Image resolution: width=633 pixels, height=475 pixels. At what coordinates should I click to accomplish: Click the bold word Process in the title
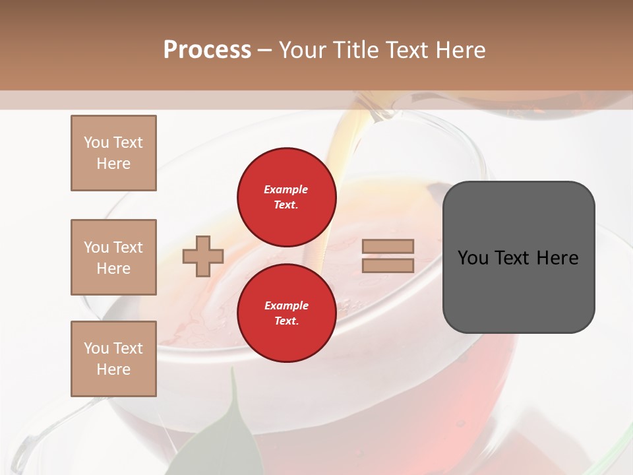pyautogui.click(x=207, y=50)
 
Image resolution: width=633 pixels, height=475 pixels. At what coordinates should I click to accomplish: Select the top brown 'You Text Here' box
pyautogui.click(x=113, y=153)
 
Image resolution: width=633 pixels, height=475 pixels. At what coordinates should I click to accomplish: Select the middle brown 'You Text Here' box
pyautogui.click(x=113, y=257)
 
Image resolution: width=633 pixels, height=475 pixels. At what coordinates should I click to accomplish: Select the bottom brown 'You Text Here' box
pyautogui.click(x=113, y=359)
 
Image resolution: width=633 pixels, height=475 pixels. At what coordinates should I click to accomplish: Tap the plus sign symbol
pyautogui.click(x=203, y=256)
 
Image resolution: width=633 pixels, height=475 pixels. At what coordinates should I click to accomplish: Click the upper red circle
pyautogui.click(x=286, y=197)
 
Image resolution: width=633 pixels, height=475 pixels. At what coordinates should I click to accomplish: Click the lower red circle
pyautogui.click(x=286, y=313)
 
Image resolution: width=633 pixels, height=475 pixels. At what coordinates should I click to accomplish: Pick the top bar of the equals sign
pyautogui.click(x=388, y=246)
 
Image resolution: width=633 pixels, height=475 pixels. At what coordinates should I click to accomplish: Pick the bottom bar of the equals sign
pyautogui.click(x=388, y=265)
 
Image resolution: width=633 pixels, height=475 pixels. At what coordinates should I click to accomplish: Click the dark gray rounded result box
pyautogui.click(x=518, y=290)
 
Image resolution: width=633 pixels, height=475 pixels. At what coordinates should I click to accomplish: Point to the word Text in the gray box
pyautogui.click(x=513, y=258)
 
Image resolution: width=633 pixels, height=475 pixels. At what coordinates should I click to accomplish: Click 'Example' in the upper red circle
pyautogui.click(x=286, y=189)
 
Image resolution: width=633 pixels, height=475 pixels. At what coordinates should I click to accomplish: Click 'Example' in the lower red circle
pyautogui.click(x=286, y=305)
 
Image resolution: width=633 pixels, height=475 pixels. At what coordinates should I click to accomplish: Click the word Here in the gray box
pyautogui.click(x=557, y=258)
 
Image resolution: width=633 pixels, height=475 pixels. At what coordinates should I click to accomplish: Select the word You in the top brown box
pyautogui.click(x=96, y=142)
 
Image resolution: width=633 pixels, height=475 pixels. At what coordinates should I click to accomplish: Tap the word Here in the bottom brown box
pyautogui.click(x=113, y=369)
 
